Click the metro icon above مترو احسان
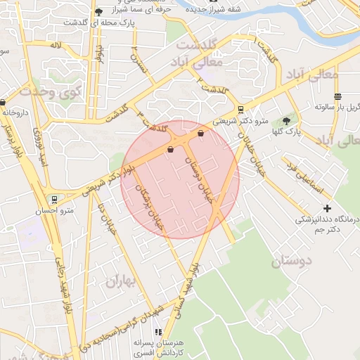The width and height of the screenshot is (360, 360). tap(54, 200)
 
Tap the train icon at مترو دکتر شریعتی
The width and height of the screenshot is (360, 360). tap(241, 110)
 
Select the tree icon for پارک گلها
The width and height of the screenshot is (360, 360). tap(285, 121)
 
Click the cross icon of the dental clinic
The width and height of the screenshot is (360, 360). tap(327, 208)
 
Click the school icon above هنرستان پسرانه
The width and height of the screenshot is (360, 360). tap(158, 331)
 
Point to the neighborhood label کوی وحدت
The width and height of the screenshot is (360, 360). tap(51, 89)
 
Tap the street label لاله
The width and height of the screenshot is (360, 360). tap(56, 45)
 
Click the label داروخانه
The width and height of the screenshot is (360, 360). tap(16, 111)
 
